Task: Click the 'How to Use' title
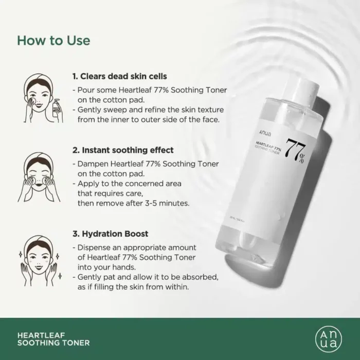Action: [x=53, y=40]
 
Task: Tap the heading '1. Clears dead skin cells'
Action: [x=119, y=76]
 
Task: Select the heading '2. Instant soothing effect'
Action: [x=123, y=150]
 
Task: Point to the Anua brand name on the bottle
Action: [x=271, y=133]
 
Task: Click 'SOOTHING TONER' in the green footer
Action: [x=53, y=342]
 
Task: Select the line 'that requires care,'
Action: [x=109, y=193]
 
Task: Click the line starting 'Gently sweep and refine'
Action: [x=147, y=110]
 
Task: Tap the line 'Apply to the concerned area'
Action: [x=129, y=183]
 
